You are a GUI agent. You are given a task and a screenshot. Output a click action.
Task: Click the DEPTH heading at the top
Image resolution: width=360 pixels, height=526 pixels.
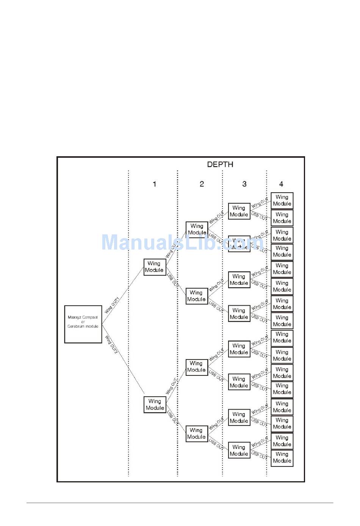pos(220,165)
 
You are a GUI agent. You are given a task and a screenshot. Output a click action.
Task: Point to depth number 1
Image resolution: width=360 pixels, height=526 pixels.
pos(154,184)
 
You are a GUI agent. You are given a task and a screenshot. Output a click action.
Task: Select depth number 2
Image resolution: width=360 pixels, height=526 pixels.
pos(202,184)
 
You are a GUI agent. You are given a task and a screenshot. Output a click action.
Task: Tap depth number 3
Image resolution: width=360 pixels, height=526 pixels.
pos(244,184)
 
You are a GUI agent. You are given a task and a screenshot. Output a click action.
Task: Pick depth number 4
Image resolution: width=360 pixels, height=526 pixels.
pos(281,184)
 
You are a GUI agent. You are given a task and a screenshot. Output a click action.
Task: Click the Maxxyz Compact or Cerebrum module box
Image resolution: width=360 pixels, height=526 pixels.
pos(83,324)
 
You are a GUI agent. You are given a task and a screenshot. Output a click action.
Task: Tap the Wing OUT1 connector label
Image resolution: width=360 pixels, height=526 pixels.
pos(112,305)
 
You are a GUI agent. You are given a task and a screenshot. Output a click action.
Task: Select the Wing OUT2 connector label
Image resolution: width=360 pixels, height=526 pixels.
pos(112,344)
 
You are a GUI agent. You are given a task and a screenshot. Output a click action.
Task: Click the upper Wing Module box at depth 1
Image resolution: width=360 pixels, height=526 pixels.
pos(155,267)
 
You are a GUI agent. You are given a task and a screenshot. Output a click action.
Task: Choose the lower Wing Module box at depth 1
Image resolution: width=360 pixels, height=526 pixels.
pos(155,405)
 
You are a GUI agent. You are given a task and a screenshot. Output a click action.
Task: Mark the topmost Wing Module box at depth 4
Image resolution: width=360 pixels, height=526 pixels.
pos(282,201)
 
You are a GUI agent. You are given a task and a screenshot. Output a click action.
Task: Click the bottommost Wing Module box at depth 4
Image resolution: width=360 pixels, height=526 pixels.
pos(282,458)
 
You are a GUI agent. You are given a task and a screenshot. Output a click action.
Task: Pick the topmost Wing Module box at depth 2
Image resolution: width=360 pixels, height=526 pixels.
pos(197,229)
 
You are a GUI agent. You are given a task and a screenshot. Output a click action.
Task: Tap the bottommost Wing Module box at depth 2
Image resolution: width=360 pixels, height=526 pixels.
pos(197,433)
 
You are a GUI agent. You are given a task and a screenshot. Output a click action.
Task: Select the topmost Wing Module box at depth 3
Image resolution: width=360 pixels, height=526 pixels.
pos(239,211)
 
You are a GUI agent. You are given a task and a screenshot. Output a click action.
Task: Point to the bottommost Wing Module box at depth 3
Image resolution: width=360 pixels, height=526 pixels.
pos(239,451)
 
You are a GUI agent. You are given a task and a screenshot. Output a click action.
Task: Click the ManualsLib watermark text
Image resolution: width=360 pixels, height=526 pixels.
pos(182,242)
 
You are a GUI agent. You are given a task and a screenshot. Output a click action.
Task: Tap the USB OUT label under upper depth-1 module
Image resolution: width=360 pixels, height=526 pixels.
pos(172,279)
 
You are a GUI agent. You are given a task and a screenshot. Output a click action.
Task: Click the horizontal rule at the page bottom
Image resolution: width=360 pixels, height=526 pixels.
pos(180,503)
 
